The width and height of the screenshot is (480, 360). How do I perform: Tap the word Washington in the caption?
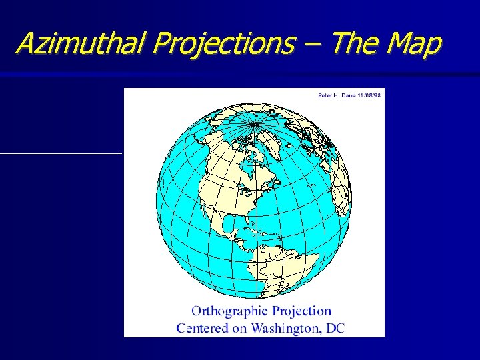289,328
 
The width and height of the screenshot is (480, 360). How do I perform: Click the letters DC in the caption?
336,328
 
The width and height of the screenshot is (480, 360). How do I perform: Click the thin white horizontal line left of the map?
61,153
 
